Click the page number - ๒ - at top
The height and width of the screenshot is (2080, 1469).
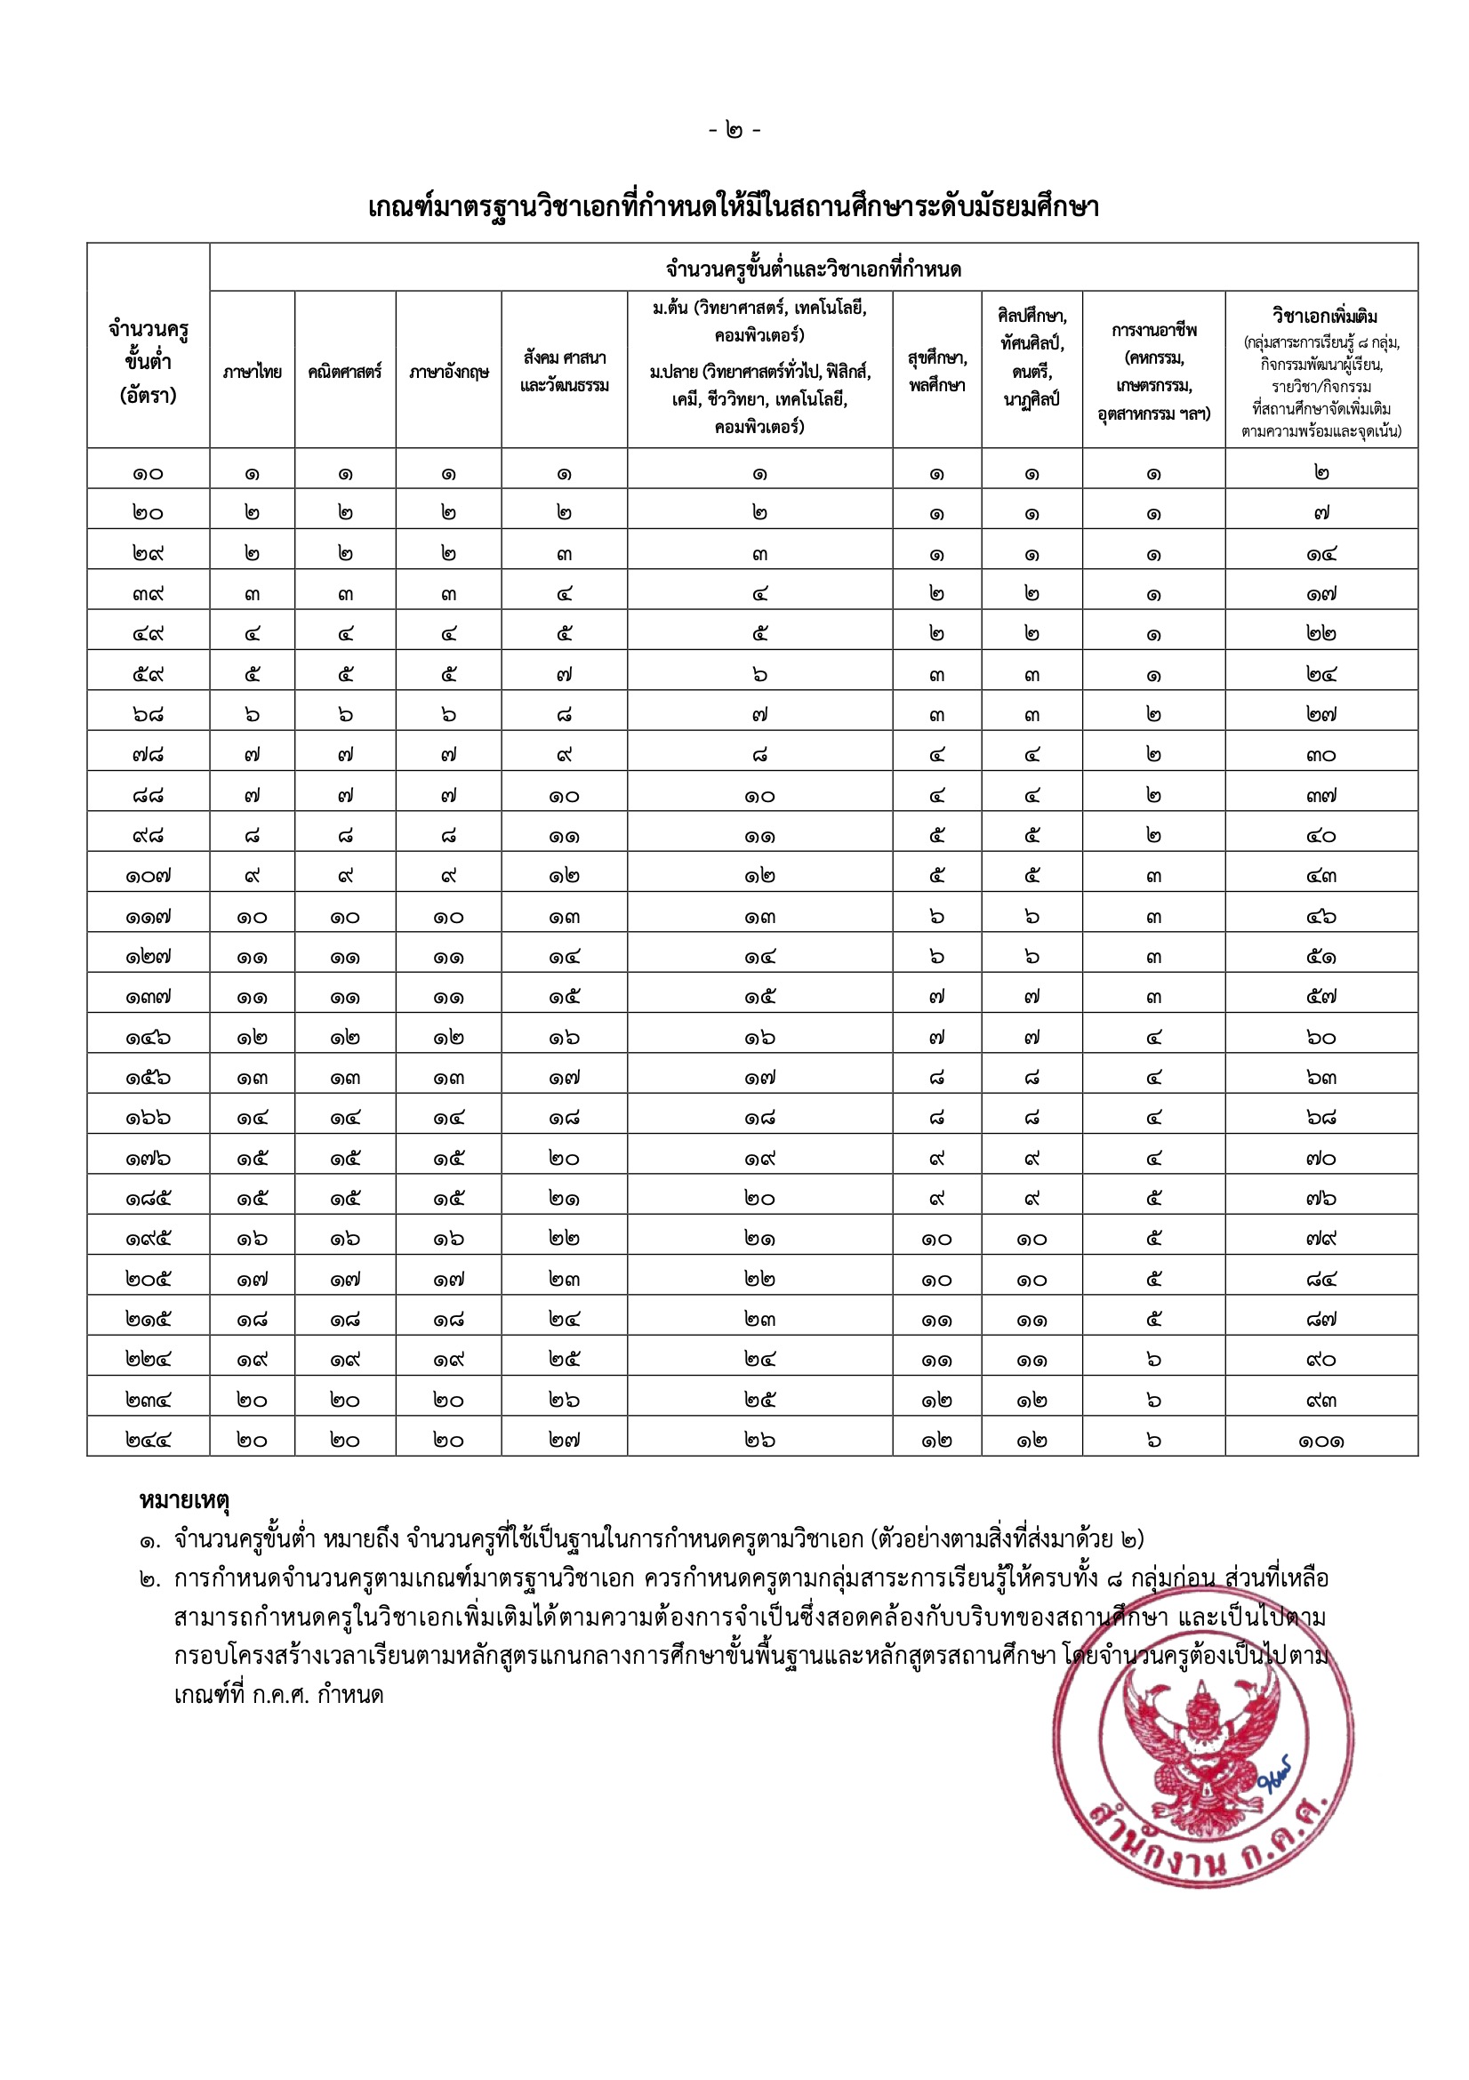click(x=734, y=131)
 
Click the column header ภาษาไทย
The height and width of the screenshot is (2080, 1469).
click(x=252, y=372)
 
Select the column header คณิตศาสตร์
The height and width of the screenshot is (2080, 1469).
click(x=345, y=372)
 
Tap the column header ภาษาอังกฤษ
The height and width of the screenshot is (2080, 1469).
click(x=448, y=372)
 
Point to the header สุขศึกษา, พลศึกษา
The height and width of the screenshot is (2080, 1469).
click(x=936, y=372)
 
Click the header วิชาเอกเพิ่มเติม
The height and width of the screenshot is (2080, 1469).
click(x=1321, y=317)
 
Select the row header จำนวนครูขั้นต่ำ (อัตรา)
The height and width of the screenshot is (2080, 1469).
click(x=149, y=361)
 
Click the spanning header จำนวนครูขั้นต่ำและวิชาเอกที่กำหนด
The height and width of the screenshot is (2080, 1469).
click(x=814, y=269)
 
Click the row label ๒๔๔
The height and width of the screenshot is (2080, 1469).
click(x=149, y=1440)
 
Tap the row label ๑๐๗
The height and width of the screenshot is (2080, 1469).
click(x=149, y=876)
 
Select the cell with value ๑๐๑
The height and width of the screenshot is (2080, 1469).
click(x=1321, y=1440)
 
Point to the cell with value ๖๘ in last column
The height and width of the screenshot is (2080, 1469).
click(x=1321, y=1118)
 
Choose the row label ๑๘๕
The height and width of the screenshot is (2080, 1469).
click(x=149, y=1199)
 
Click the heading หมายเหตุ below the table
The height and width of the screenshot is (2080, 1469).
click(x=184, y=1500)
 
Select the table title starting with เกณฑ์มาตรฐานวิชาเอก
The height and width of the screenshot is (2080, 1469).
click(x=734, y=207)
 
